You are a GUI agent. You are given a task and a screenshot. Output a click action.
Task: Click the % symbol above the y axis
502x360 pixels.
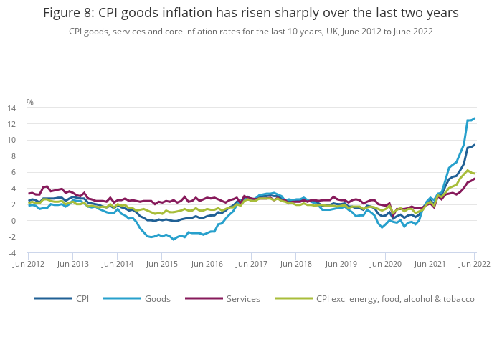click(x=30, y=102)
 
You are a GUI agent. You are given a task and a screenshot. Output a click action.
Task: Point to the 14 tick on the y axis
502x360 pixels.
click(x=11, y=108)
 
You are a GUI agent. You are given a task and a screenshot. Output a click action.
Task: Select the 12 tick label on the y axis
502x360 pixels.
click(x=11, y=124)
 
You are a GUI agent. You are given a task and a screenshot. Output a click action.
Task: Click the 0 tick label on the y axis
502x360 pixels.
click(x=14, y=221)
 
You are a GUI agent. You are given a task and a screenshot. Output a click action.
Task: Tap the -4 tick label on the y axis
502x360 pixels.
click(x=12, y=253)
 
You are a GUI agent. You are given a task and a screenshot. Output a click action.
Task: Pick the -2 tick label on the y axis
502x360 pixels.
click(x=12, y=237)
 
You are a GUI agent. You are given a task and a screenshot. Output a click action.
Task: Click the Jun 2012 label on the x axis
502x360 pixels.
click(x=29, y=264)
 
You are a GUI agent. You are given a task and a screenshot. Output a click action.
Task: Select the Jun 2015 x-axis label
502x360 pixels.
click(x=163, y=264)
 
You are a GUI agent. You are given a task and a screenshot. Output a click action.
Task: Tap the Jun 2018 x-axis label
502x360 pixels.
click(x=296, y=264)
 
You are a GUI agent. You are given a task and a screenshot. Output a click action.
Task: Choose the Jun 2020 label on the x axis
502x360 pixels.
click(x=385, y=264)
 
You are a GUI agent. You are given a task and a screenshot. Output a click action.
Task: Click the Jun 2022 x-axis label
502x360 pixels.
click(x=473, y=264)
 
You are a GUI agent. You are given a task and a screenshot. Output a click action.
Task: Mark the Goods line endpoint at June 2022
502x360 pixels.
click(x=474, y=118)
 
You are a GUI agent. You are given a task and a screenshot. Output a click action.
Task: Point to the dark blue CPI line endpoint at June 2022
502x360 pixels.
click(x=474, y=145)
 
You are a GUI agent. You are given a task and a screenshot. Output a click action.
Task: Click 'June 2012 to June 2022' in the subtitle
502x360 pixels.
click(x=384, y=32)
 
